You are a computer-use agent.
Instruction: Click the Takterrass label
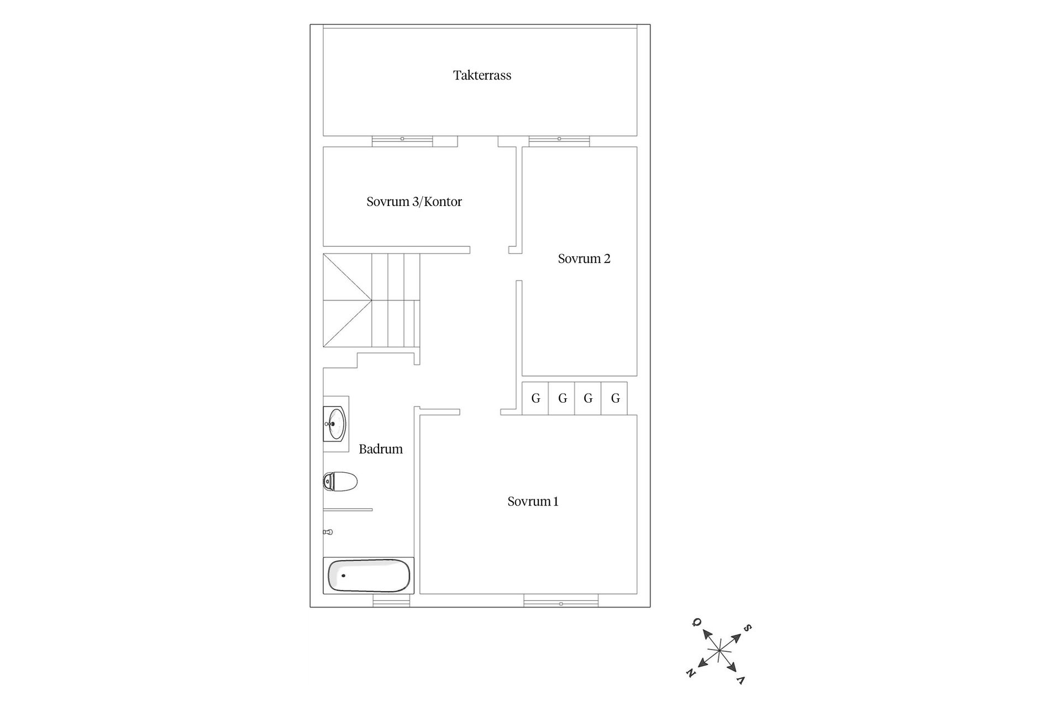click(482, 75)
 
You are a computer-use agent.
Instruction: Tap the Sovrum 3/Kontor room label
click(414, 202)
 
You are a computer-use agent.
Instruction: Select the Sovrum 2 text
click(584, 258)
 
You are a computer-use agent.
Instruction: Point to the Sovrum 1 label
click(533, 502)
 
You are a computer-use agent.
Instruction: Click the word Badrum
click(381, 449)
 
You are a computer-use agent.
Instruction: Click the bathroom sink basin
click(334, 424)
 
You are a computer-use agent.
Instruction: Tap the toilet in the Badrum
click(340, 482)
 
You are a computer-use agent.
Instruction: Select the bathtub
click(369, 576)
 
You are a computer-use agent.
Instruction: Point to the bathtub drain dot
click(343, 576)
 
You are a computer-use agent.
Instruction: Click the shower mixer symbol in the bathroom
click(328, 532)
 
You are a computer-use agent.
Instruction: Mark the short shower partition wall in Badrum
click(348, 510)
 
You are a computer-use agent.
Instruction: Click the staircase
click(371, 300)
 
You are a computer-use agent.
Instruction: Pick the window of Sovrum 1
click(561, 601)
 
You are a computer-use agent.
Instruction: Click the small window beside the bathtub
click(391, 601)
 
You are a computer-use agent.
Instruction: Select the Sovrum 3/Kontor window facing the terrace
click(402, 141)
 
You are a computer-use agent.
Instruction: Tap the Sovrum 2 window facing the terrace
click(559, 141)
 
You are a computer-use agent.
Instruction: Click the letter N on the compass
click(690, 673)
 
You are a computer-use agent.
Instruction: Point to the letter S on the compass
click(747, 628)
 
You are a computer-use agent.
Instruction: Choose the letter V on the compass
click(741, 679)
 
